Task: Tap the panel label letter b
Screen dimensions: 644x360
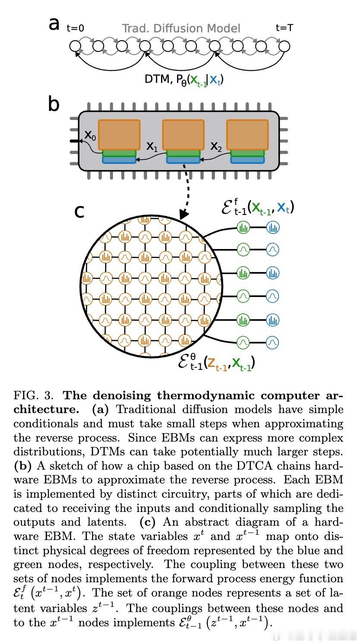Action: pyautogui.click(x=54, y=104)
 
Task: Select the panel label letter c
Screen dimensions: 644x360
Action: pyautogui.click(x=79, y=211)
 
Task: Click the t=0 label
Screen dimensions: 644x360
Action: pyautogui.click(x=75, y=28)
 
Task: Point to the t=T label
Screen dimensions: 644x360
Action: pyautogui.click(x=284, y=28)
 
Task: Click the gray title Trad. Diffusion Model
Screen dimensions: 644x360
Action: pyautogui.click(x=181, y=28)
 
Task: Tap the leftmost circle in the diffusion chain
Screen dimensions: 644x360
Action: pyautogui.click(x=75, y=45)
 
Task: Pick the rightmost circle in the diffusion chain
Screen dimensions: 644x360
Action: pyautogui.click(x=284, y=45)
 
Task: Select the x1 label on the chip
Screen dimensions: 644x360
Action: pyautogui.click(x=152, y=147)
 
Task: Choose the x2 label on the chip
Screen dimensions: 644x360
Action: pyautogui.click(x=216, y=146)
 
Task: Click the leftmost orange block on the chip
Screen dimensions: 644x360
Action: pyautogui.click(x=119, y=135)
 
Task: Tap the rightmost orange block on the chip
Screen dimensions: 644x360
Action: pyautogui.click(x=247, y=135)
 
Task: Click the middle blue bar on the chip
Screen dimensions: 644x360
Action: pyautogui.click(x=183, y=160)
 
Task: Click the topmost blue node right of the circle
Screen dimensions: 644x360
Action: pyautogui.click(x=272, y=227)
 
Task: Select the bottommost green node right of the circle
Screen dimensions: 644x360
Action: pyautogui.click(x=243, y=342)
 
